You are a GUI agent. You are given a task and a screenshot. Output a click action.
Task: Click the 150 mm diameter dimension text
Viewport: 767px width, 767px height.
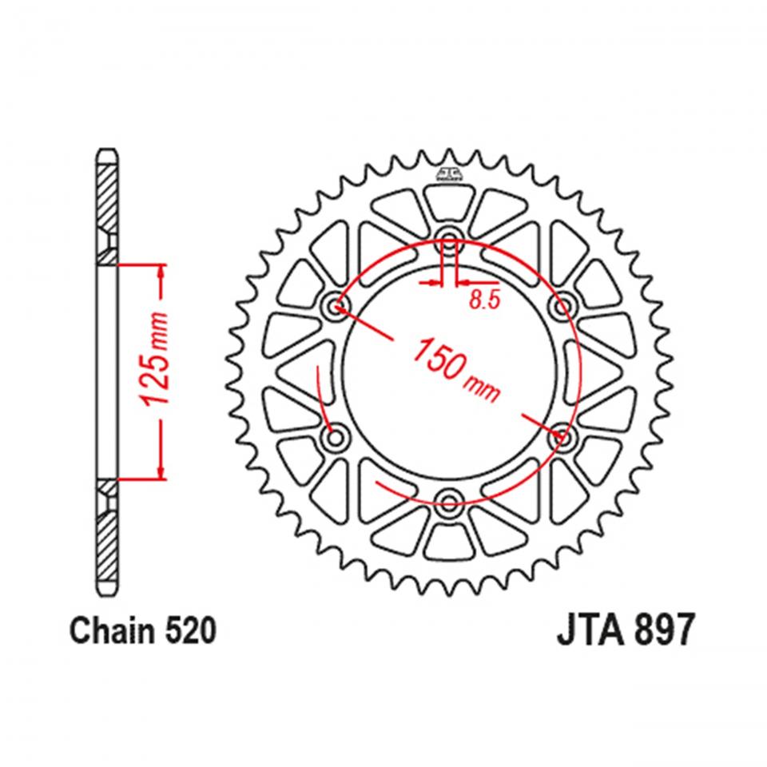pos(456,368)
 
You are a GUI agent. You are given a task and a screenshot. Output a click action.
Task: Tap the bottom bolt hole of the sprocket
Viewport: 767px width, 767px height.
pos(448,503)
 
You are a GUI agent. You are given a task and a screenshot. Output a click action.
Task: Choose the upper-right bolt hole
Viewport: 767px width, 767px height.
pos(565,303)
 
